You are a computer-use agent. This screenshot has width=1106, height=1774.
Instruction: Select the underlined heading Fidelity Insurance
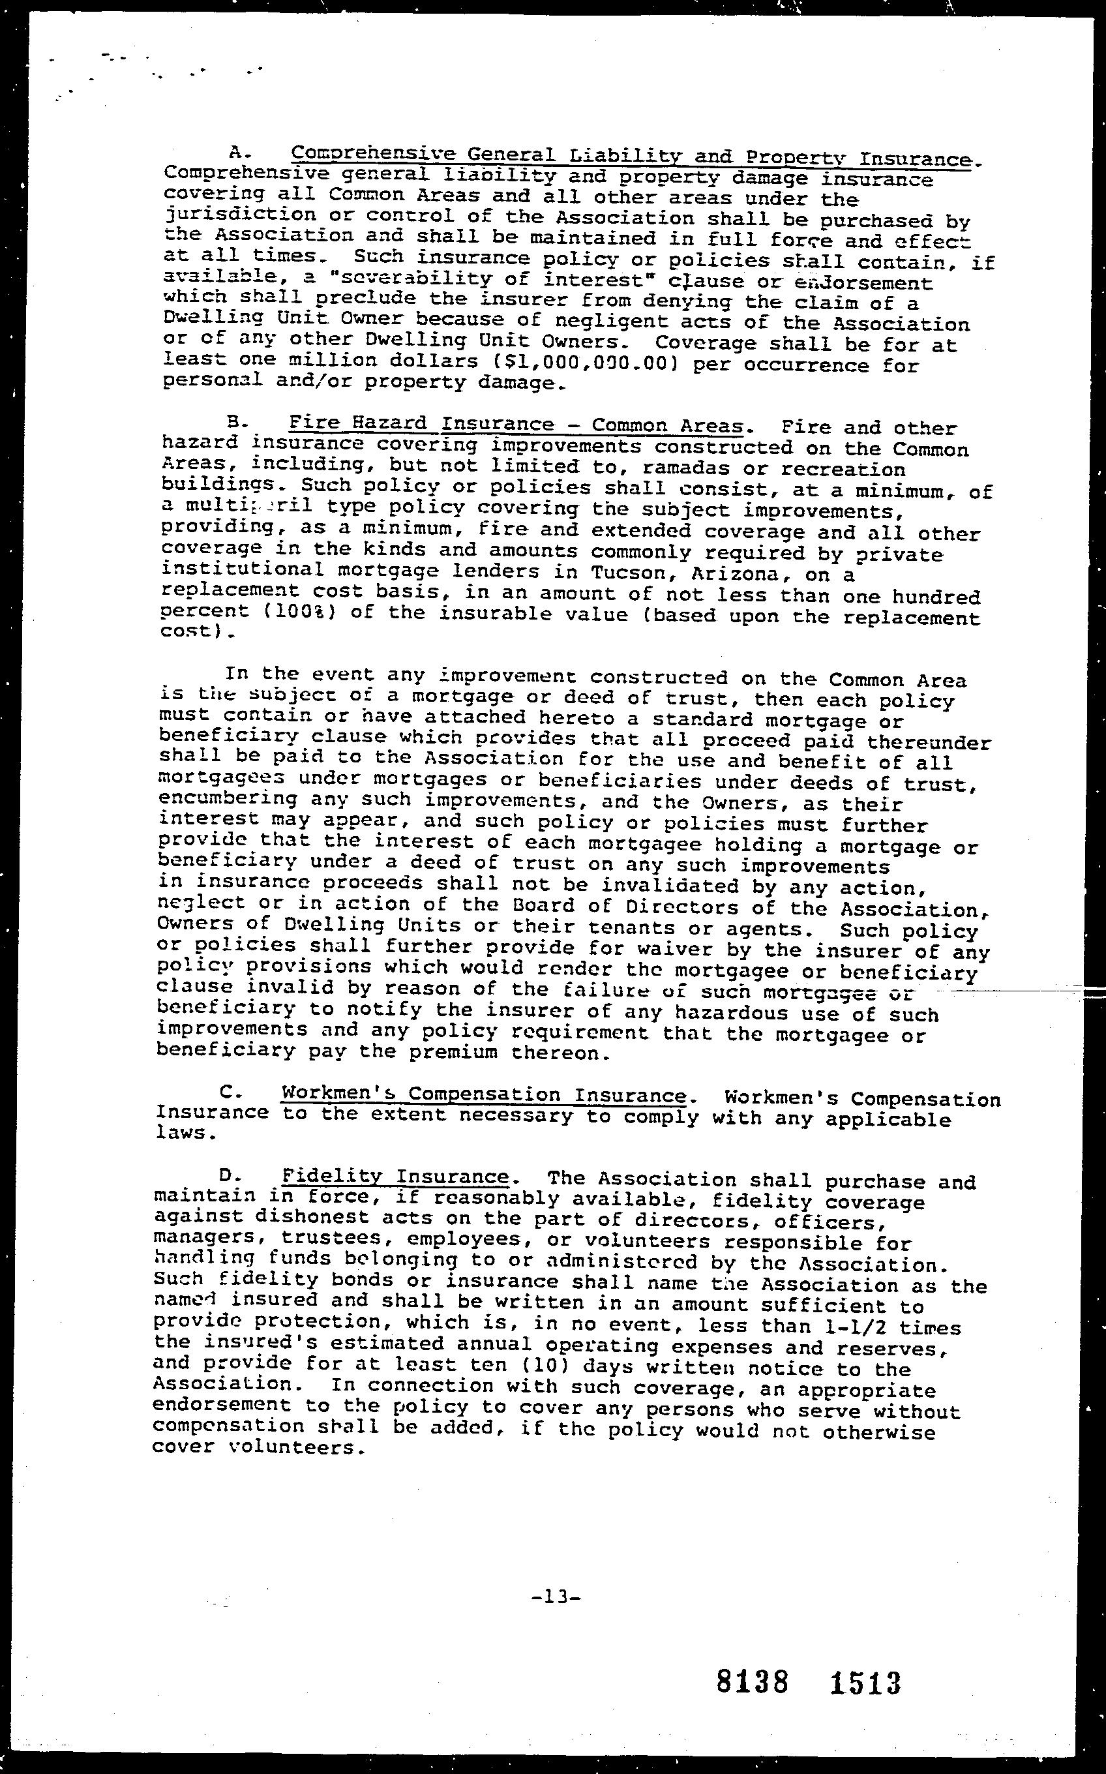coord(395,1177)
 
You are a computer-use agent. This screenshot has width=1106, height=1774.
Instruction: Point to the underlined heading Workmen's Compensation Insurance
coord(483,1094)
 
